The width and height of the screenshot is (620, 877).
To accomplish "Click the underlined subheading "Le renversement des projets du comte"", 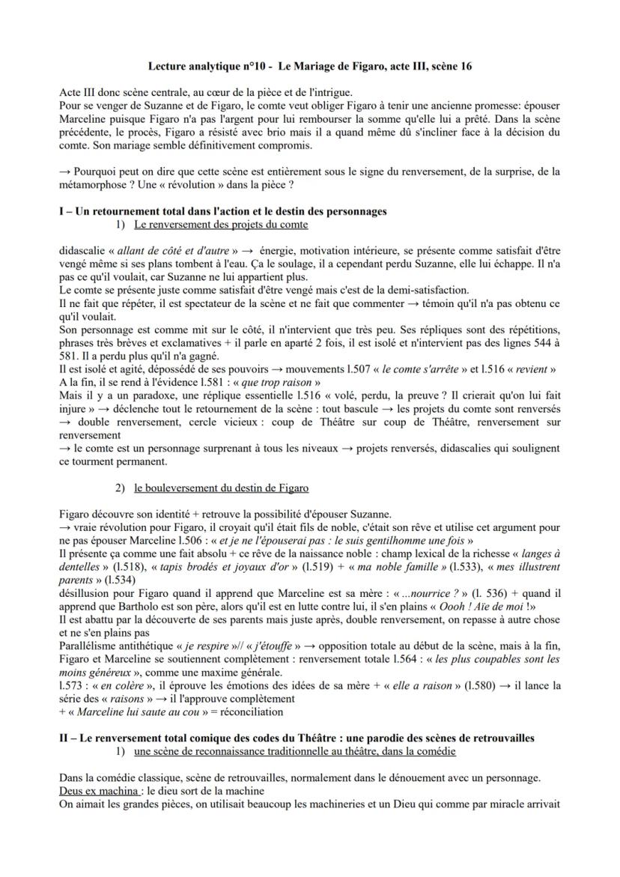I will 221,225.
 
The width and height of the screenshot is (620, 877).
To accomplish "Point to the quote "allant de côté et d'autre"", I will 170,249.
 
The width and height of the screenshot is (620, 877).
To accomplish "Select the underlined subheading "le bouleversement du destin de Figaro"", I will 221,488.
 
